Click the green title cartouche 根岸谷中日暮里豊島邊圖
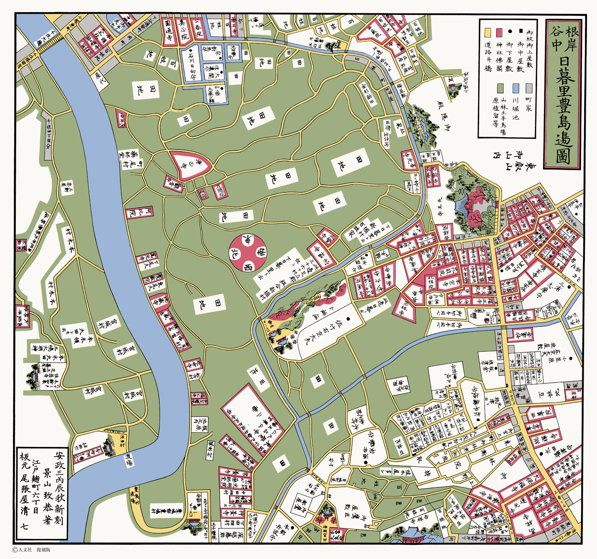click(563, 94)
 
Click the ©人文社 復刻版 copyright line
click(32, 550)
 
